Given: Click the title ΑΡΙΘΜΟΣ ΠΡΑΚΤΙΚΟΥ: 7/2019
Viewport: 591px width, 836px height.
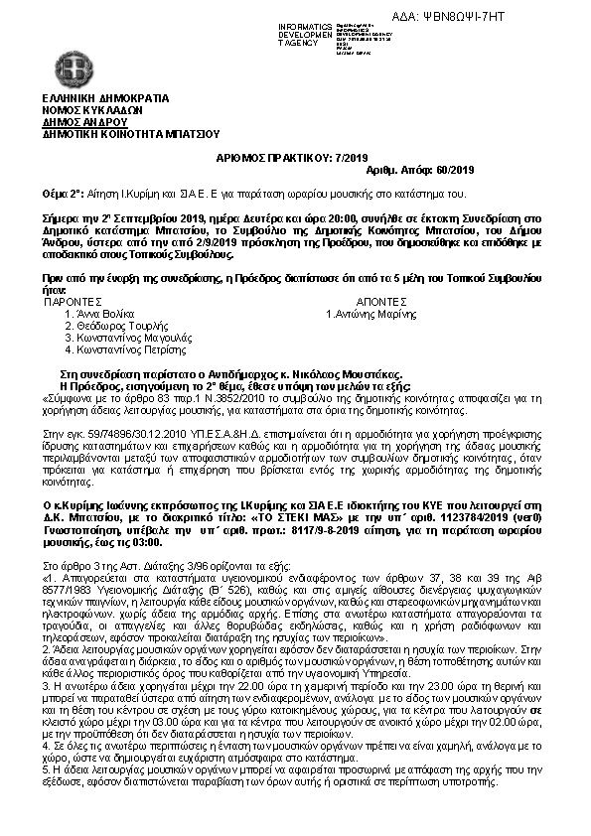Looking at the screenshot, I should coord(291,158).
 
